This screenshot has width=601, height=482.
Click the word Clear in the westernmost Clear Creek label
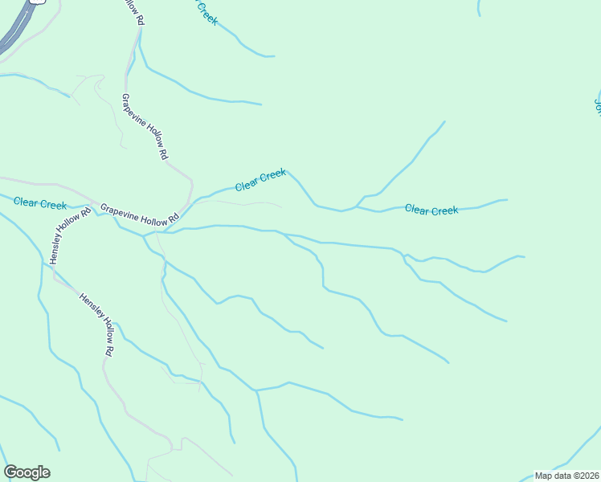27,202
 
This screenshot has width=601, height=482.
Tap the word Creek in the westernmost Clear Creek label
53,205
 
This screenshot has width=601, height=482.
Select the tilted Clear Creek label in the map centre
260,180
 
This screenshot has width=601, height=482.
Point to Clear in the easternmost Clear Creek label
417,209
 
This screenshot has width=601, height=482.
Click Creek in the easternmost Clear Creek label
444,211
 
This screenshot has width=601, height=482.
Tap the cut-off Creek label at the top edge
206,11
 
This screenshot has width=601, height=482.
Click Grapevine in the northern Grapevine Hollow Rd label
135,112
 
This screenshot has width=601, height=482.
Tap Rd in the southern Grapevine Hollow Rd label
173,221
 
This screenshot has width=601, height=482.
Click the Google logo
27,472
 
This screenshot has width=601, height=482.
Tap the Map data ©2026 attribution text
567,476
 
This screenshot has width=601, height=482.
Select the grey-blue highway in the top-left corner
18,29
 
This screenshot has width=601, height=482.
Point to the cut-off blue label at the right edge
597,107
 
